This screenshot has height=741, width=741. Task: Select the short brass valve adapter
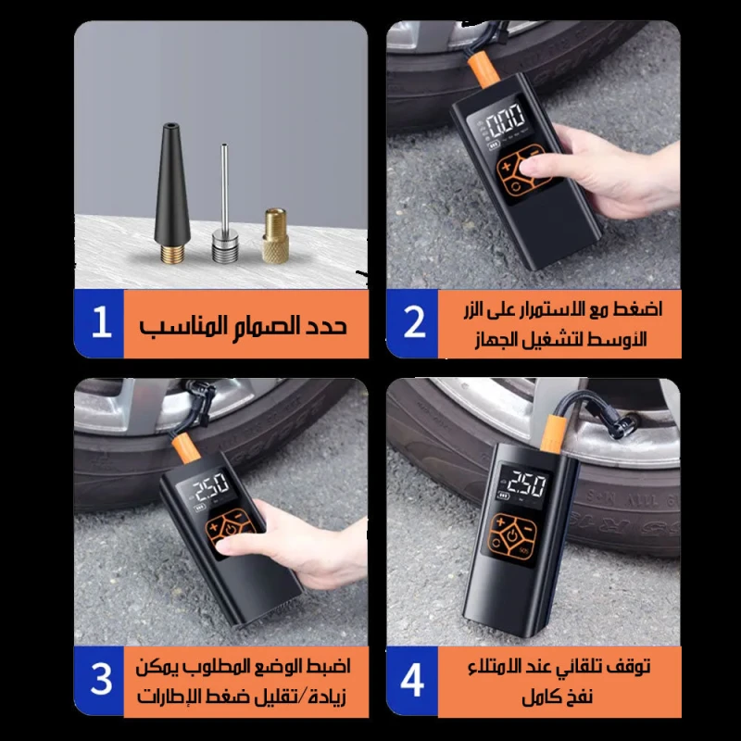coord(275,235)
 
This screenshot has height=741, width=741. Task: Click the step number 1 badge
coord(99,323)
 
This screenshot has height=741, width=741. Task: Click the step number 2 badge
coord(412,323)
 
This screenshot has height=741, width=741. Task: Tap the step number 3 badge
coord(99,681)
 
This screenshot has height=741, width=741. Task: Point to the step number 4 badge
coord(412,681)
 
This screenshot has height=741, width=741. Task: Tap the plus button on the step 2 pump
coord(506,167)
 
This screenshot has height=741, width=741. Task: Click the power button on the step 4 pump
coord(513,536)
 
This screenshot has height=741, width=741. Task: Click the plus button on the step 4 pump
coord(500,521)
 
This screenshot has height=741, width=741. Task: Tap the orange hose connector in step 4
coord(552,432)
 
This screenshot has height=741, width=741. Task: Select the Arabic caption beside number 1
coord(243,325)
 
